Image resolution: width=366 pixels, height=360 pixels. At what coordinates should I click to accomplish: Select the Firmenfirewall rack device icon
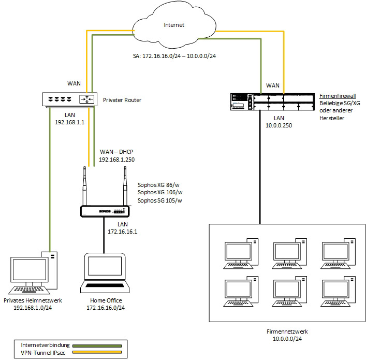coord(273,101)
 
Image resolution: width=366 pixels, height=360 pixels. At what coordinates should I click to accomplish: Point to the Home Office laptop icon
coord(106,272)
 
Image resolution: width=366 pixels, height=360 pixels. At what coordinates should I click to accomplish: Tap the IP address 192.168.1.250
coord(116,160)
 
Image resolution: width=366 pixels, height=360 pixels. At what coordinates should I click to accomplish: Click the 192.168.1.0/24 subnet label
coord(34,307)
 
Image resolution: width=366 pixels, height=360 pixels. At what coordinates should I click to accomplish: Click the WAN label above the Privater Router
coord(75,83)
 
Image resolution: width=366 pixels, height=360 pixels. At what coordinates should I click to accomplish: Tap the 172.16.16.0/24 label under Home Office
coord(106,307)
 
